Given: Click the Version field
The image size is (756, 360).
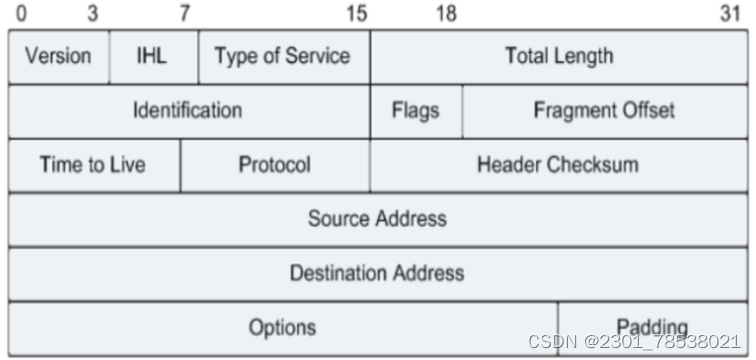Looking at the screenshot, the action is pos(58,56).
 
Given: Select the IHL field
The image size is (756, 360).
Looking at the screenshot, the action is pos(153,56).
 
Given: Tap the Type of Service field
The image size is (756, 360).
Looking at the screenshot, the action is pos(283,56).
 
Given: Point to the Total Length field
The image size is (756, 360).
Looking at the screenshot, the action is pos(558,56).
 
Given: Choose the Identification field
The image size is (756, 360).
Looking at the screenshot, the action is pos(188,110).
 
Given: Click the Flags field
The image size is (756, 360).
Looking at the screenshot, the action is pos(415,110).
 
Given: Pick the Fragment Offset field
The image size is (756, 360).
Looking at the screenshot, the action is pos(604,110).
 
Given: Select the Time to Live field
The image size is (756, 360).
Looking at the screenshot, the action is pos(93,164).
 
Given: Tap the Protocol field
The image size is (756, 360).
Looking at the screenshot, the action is pos(274,164).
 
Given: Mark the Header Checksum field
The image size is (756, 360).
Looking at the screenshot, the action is pos(558,164).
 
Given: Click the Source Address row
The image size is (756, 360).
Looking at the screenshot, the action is pos(377,218).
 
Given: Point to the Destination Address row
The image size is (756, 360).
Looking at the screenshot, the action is pos(377,272).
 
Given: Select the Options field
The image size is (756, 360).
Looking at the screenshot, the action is pos(282,327).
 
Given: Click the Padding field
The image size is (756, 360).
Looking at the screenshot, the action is pos(652,327).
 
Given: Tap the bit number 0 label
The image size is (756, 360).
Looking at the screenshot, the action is pos(21,13).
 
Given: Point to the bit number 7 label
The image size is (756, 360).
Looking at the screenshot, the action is pos(184,13).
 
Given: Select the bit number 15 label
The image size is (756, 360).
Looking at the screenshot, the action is pos(357,13).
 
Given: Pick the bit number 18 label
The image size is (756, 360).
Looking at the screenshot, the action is pos(446,13).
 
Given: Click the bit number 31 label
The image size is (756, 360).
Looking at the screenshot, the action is pos(730,13).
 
